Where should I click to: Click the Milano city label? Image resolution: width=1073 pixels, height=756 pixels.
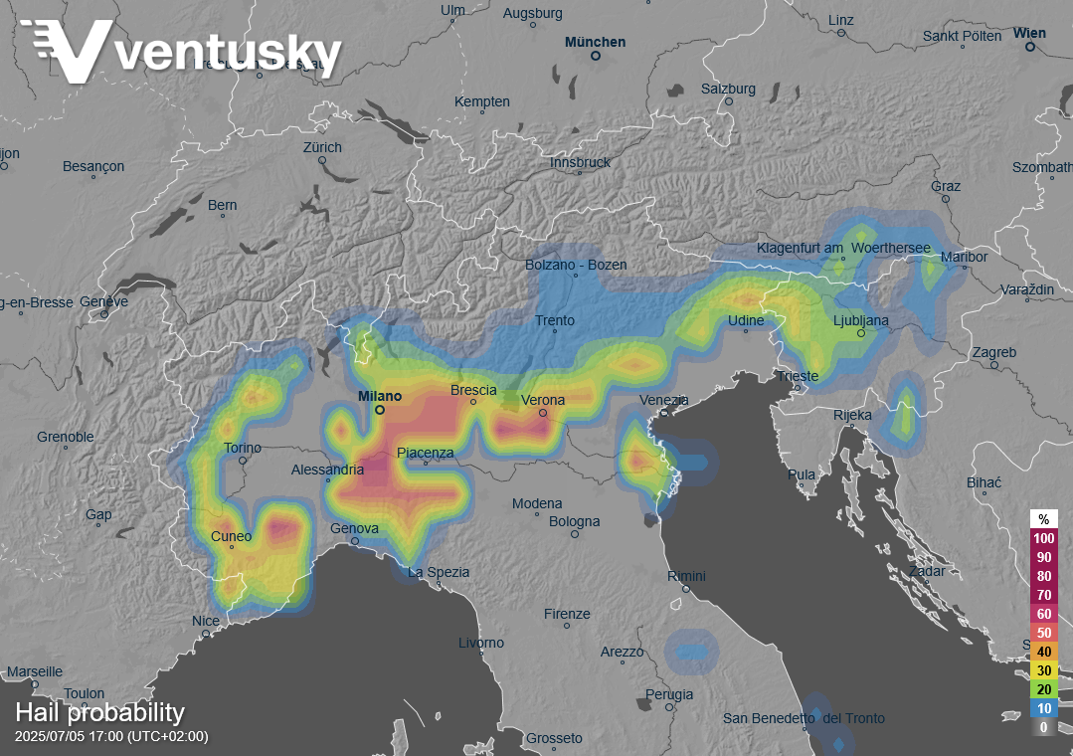click(380, 396)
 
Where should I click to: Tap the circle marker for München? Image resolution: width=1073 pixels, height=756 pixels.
click(596, 57)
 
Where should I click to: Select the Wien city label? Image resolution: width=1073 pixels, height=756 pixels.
click(1029, 33)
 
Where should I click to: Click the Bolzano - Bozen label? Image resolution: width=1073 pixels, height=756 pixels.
click(577, 265)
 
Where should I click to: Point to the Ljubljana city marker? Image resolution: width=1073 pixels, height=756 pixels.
click(861, 333)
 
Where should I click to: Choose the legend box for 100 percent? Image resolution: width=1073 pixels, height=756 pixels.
click(1043, 538)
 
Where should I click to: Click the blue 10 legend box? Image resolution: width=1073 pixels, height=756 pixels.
click(1043, 708)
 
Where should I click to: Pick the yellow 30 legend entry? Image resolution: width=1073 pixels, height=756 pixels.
click(1043, 670)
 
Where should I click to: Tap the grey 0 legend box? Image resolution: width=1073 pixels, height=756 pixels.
click(1043, 727)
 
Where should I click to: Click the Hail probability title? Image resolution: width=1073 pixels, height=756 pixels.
click(99, 712)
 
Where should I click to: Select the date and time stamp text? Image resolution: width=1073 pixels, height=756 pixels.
click(111, 737)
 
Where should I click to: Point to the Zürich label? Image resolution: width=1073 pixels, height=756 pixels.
click(322, 147)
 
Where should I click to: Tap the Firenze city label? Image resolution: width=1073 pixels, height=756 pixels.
click(567, 614)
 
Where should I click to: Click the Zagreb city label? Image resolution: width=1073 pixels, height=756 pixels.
click(994, 352)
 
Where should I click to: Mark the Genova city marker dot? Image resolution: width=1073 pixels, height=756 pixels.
click(355, 542)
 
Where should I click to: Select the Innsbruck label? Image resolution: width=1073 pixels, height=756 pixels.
click(580, 162)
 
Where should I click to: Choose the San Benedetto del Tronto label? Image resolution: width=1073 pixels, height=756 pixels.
click(803, 718)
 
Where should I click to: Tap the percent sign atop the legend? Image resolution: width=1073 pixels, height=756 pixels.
click(1043, 519)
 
